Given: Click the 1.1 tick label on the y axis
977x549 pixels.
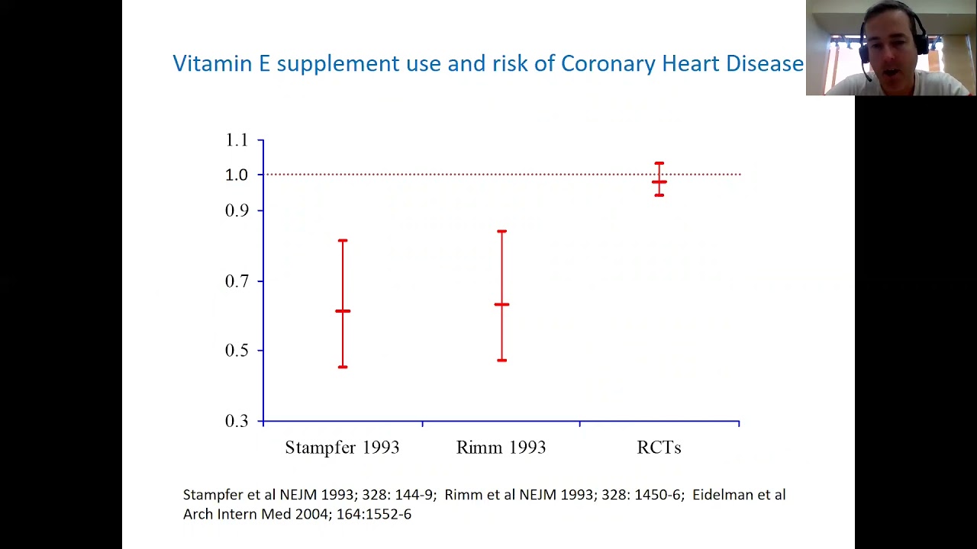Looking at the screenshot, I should click(x=237, y=140).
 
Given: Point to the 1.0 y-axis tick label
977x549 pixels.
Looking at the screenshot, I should click(x=237, y=175).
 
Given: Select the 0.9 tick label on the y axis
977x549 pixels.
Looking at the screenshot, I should click(x=237, y=210).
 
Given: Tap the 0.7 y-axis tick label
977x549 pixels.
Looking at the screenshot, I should click(x=237, y=281).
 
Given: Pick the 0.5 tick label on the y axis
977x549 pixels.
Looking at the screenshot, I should click(x=237, y=351).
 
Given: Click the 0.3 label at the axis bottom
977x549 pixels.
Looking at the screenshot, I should click(x=237, y=421).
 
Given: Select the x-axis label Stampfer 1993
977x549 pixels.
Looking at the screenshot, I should click(x=342, y=448).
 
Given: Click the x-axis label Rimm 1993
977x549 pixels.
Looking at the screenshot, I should click(x=501, y=448).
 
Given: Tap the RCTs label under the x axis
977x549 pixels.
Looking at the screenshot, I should click(x=659, y=448).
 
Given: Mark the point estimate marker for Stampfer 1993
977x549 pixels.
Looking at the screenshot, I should click(x=343, y=311).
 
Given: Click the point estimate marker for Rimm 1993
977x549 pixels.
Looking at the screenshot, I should click(x=501, y=304).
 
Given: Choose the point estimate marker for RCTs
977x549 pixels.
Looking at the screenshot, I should click(x=659, y=181).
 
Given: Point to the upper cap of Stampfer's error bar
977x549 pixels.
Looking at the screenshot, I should click(x=343, y=241).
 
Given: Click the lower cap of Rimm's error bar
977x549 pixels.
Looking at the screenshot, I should click(x=501, y=360).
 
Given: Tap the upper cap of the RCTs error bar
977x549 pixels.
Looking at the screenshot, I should click(x=659, y=162).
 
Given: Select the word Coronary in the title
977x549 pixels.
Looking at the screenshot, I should click(x=608, y=63).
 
